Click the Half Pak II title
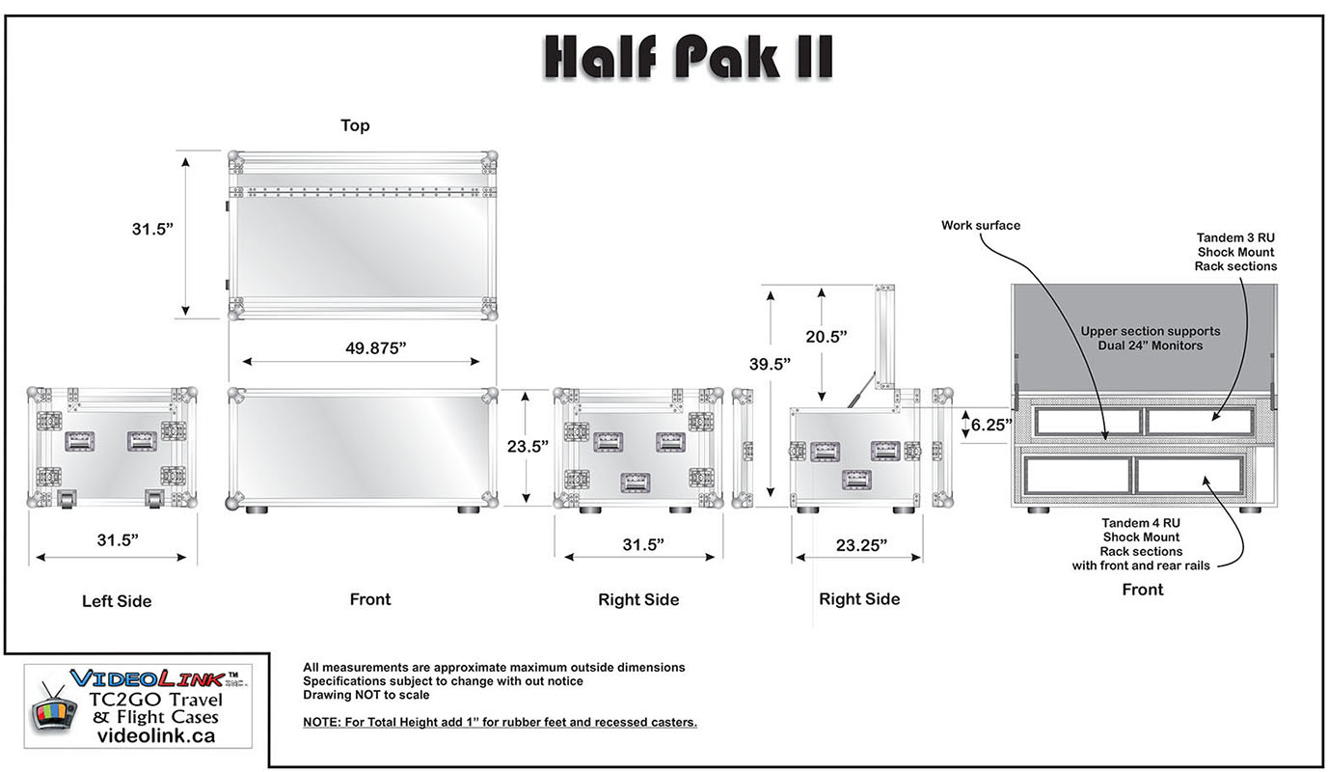(x=689, y=57)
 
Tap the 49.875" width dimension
(x=376, y=347)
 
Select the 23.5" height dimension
(x=527, y=446)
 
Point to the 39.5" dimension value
(x=770, y=364)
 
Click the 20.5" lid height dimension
(x=826, y=337)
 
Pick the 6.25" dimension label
(x=991, y=425)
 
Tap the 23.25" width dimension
(x=861, y=544)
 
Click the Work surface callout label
(x=981, y=226)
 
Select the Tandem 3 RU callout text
(x=1235, y=252)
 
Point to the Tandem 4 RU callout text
(x=1141, y=544)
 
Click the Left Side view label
(x=117, y=601)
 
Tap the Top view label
(x=355, y=125)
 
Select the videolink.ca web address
(x=156, y=735)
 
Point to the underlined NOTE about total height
(x=500, y=722)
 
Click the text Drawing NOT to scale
(x=366, y=695)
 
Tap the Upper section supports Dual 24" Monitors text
(x=1151, y=338)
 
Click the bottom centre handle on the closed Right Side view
(x=635, y=482)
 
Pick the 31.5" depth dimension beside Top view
(x=152, y=229)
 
